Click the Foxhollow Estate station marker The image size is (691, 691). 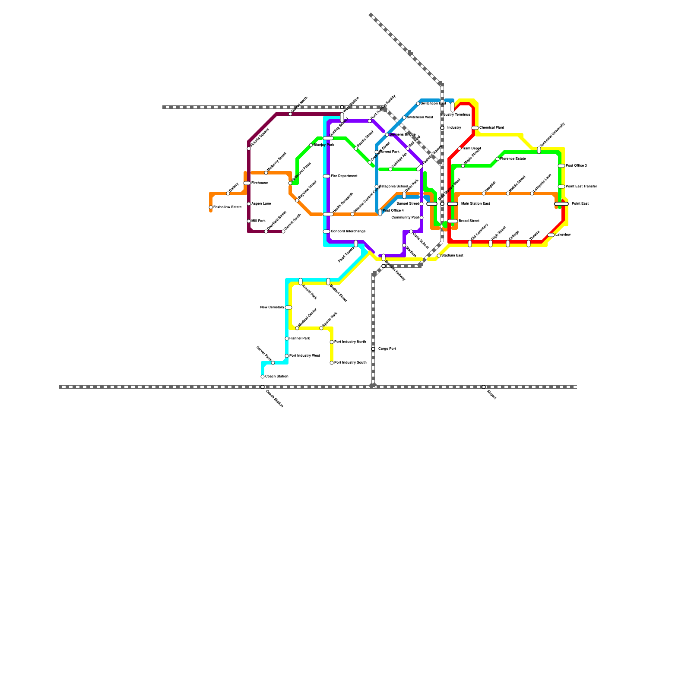click(211, 207)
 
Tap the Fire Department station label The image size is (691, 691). click(344, 176)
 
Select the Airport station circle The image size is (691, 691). click(484, 387)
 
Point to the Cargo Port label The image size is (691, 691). click(387, 349)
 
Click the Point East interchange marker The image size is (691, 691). click(561, 204)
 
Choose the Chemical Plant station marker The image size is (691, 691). click(475, 128)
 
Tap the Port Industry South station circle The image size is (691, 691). click(332, 363)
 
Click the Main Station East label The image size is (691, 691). click(475, 203)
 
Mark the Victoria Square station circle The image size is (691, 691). click(249, 149)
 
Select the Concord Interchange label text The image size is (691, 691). click(348, 231)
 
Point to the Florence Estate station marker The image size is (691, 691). click(498, 159)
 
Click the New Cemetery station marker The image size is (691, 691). click(288, 307)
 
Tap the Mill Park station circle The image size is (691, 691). click(249, 221)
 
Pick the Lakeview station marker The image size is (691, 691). click(551, 235)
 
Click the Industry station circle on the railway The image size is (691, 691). click(442, 128)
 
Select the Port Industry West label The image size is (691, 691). click(304, 356)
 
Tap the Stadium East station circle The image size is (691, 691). click(439, 256)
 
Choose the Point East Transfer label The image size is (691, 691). click(581, 187)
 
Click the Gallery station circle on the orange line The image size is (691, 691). click(228, 193)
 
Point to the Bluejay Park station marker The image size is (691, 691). click(311, 145)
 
